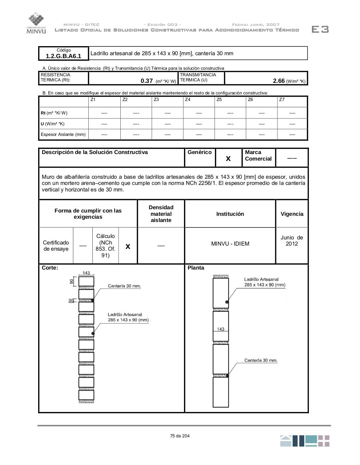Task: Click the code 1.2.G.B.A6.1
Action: [x=64, y=56]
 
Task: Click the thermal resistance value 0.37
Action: [x=147, y=81]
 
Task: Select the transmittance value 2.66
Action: [x=279, y=81]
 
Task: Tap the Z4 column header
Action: [x=188, y=100]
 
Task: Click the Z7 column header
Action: [x=282, y=100]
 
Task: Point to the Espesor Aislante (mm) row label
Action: [x=63, y=134]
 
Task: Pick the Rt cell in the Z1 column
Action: [x=104, y=113]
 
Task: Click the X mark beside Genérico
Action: [x=228, y=158]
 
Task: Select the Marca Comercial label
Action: [x=258, y=155]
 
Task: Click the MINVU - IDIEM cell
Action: [x=230, y=244]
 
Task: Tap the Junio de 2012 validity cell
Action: [x=292, y=240]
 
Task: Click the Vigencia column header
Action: [x=292, y=214]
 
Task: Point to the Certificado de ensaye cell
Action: [x=56, y=246]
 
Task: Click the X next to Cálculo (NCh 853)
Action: [x=128, y=246]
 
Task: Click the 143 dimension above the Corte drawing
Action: [x=86, y=273]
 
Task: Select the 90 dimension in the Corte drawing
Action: [x=72, y=281]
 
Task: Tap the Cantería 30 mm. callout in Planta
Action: [x=261, y=360]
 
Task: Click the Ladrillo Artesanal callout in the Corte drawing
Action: [x=128, y=317]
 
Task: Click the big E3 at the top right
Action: [x=320, y=29]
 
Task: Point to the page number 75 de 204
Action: [x=180, y=436]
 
